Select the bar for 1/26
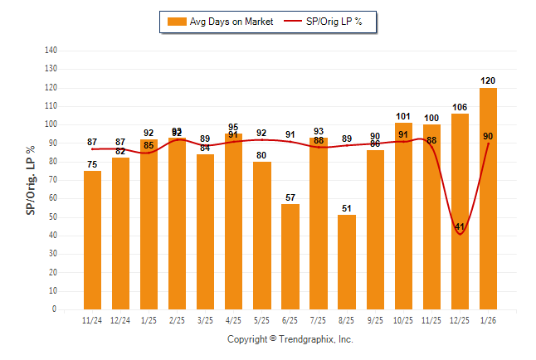488,199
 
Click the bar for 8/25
347,262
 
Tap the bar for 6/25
290,256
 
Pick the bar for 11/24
92,240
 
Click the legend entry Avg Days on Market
219,22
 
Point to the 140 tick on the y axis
51,50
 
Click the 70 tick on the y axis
53,180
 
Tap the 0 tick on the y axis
55,309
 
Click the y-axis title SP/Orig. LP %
31,180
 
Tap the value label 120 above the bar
488,80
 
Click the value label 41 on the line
460,226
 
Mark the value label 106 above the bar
460,107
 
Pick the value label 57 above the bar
290,197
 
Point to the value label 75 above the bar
92,164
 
